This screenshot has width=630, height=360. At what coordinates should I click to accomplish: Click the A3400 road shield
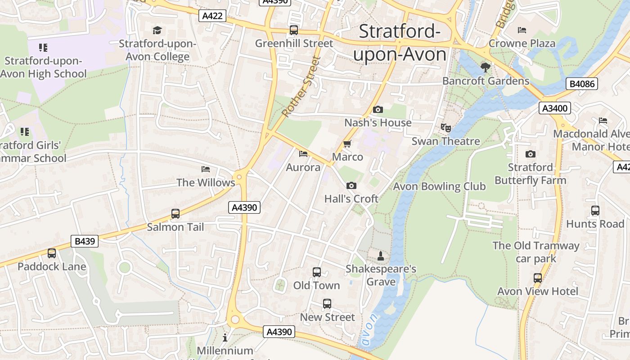(x=555, y=108)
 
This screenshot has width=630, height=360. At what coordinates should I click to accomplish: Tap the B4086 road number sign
(x=582, y=84)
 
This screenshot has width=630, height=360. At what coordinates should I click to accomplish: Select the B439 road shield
(x=85, y=241)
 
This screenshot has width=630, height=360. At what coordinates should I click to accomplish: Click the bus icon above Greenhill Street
(x=294, y=30)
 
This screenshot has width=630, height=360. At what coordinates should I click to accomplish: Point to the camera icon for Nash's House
(x=378, y=109)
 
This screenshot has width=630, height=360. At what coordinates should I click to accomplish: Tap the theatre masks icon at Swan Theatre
(x=445, y=128)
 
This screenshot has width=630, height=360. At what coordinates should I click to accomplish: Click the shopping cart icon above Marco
(x=347, y=144)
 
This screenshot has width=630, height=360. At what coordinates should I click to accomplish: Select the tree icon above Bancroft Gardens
(x=485, y=67)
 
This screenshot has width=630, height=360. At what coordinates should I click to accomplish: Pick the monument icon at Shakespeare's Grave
(x=381, y=256)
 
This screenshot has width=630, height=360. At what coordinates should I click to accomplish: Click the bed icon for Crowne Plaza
(x=522, y=30)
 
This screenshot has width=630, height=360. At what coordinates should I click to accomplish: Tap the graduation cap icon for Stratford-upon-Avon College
(x=157, y=30)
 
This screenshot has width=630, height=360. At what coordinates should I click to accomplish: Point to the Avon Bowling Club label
(x=439, y=186)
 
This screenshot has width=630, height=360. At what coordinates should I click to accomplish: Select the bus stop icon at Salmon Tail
(x=175, y=214)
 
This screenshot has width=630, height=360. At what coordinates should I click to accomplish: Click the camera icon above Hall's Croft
(x=351, y=185)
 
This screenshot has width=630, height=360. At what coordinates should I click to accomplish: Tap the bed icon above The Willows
(x=206, y=169)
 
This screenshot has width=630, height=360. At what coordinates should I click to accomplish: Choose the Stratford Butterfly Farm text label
(x=530, y=174)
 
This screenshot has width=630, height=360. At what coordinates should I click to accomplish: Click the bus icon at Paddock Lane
(x=52, y=253)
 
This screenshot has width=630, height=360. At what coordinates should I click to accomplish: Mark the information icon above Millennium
(x=225, y=337)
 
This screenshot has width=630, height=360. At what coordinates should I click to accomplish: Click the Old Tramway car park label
(x=535, y=252)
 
